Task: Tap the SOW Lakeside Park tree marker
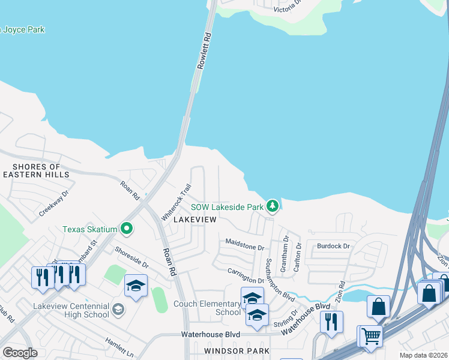[x=273, y=206]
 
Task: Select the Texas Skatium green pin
[x=127, y=229]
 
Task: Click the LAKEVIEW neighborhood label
[x=194, y=220]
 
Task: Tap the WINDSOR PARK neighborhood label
[x=237, y=350]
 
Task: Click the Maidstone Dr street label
[x=244, y=246]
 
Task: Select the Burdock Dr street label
[x=333, y=246]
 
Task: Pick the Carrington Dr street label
[x=246, y=276]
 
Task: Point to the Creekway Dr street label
[x=55, y=204]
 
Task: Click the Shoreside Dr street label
[x=131, y=258]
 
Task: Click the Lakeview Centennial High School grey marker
[x=118, y=310]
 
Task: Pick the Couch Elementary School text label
[x=206, y=308]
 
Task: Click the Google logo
[x=20, y=353]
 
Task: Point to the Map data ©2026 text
[x=423, y=355]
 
